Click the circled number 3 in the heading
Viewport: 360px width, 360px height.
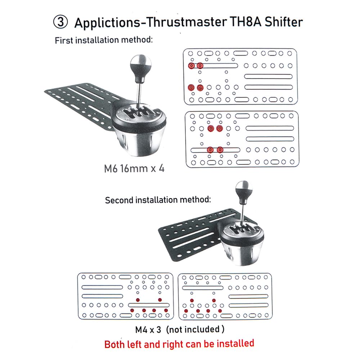click(60, 22)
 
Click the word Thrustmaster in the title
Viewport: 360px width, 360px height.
click(186, 22)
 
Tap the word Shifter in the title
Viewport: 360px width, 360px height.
click(284, 22)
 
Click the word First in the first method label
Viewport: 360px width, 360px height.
click(64, 40)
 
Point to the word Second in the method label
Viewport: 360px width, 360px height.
click(119, 200)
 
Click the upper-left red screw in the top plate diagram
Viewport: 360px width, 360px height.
click(191, 66)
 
